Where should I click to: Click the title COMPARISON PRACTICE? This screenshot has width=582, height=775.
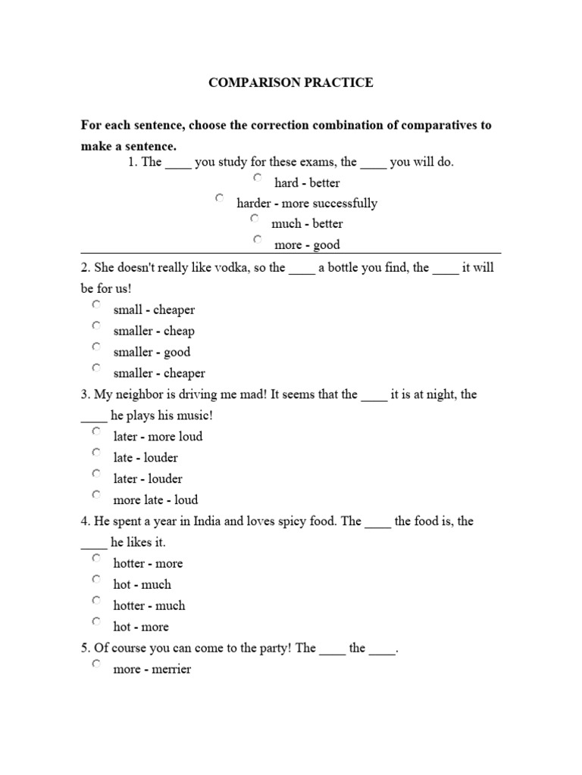click(x=291, y=82)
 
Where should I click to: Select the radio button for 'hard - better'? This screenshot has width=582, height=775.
click(x=258, y=178)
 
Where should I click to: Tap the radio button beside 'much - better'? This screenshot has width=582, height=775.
click(x=255, y=219)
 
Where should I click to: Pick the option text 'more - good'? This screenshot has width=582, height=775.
click(x=307, y=244)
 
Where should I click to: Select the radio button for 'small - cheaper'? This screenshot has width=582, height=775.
click(x=96, y=304)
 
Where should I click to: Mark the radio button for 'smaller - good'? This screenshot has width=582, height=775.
click(x=96, y=347)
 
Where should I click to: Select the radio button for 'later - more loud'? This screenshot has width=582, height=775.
click(x=96, y=431)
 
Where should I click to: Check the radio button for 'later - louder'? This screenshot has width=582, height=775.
click(x=96, y=473)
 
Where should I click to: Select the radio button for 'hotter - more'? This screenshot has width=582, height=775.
click(x=96, y=558)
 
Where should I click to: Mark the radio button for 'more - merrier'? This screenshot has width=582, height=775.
click(x=96, y=664)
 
